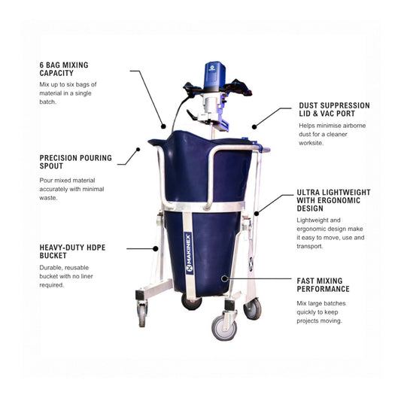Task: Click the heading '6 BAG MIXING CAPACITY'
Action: [64, 69]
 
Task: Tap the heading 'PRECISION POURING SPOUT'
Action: [76, 162]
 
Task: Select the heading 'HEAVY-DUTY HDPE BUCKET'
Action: [72, 251]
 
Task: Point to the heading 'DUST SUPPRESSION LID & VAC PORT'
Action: [335, 109]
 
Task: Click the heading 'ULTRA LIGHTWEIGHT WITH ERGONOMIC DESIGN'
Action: [333, 200]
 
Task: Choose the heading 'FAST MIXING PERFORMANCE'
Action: [323, 285]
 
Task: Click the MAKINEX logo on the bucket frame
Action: [189, 254]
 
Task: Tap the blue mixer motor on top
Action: [214, 76]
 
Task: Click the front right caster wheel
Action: [224, 327]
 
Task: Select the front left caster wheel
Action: [142, 314]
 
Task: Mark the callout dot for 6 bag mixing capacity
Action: [163, 126]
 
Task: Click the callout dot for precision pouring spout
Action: [138, 150]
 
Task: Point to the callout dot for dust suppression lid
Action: [254, 126]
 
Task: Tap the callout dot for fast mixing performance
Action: [224, 279]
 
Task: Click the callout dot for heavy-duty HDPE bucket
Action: [156, 248]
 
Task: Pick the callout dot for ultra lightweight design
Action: [257, 213]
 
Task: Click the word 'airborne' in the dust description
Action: [354, 126]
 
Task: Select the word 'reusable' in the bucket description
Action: [77, 268]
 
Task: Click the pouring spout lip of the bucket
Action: [156, 141]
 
